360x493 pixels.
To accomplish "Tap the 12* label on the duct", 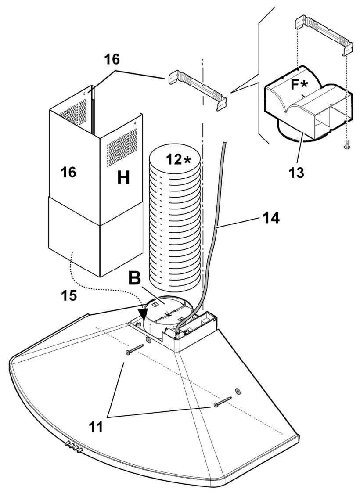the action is point(179,159).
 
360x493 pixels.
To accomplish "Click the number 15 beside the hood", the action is point(69,295).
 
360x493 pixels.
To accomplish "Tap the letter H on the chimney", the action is point(123,178).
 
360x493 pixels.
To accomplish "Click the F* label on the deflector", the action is point(299,85).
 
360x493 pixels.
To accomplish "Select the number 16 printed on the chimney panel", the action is point(68,172).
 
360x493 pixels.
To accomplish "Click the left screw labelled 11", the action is point(135,349).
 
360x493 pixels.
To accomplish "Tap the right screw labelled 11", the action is point(222,400).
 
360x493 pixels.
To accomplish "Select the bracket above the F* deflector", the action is point(322,35).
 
